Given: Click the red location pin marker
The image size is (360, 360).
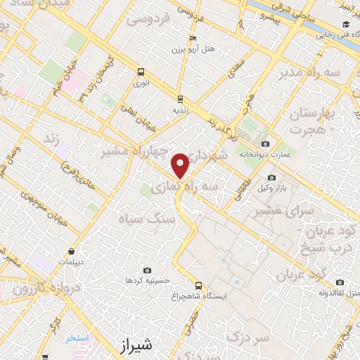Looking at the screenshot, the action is pos(181,165).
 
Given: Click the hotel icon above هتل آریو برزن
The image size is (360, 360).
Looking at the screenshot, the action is pos(193,39).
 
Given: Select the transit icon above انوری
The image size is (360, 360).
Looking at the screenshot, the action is pos(141,72).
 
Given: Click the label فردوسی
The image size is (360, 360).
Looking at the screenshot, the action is pos(149,20).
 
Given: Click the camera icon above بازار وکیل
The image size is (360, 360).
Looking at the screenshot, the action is pos(271,177).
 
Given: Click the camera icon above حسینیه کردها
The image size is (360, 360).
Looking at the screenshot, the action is pos(147,270).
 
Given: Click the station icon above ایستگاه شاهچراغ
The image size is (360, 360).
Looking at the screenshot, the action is pos(199,285).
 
